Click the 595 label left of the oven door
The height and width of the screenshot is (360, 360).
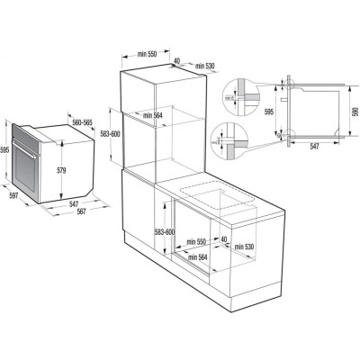pyautogui.click(x=6, y=150)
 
